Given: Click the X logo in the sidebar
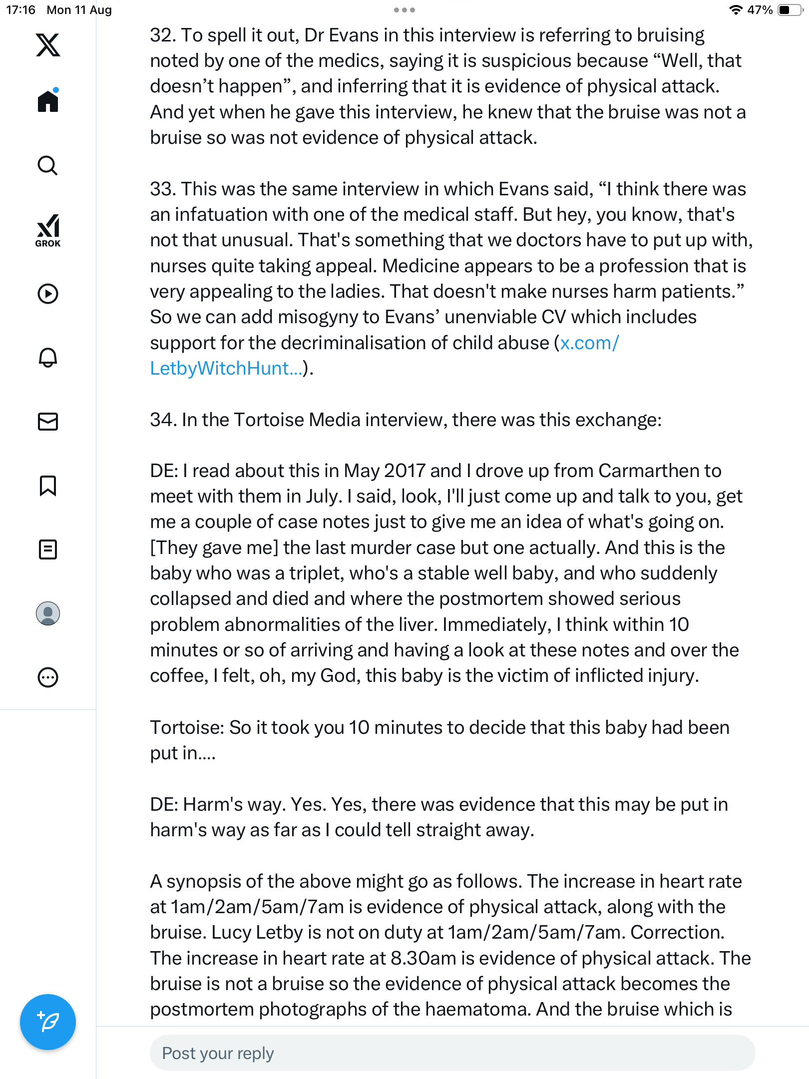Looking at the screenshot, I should (x=48, y=45).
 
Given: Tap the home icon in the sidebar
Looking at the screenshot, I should (x=48, y=101).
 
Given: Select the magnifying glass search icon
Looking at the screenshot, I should (x=48, y=166).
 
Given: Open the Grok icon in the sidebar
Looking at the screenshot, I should (x=48, y=230).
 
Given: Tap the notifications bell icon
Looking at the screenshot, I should (x=48, y=358).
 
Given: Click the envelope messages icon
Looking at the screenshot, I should (x=48, y=422).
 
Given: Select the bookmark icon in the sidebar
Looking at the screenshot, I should (x=48, y=486).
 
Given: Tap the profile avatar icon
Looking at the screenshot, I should (x=48, y=613).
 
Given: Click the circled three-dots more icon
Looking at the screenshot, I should (x=48, y=677).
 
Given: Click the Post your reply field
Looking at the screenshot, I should (x=452, y=1053).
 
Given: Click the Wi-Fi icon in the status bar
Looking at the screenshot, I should (x=736, y=10).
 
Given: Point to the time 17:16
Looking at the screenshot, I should (x=20, y=10).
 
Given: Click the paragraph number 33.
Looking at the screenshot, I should (x=162, y=189).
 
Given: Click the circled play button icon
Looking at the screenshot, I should (x=48, y=294).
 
